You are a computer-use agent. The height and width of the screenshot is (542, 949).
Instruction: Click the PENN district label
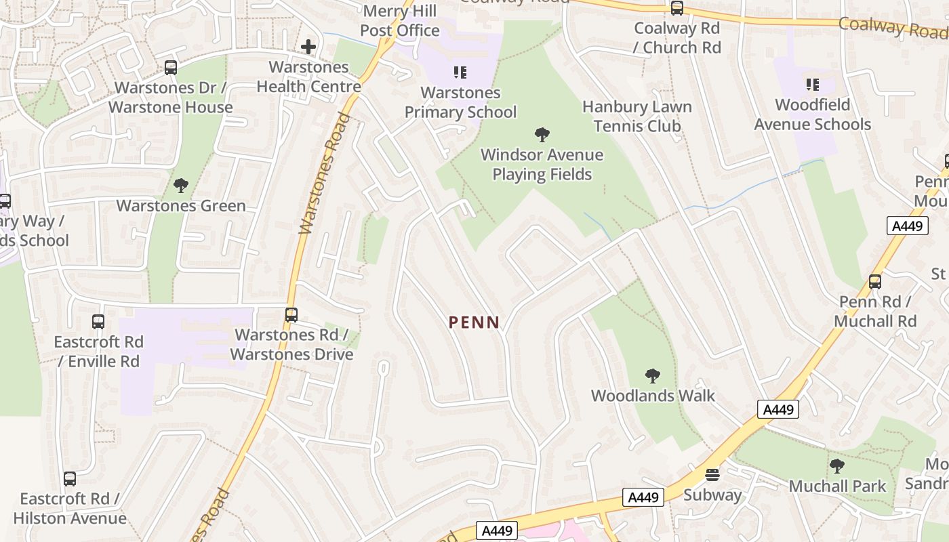pyautogui.click(x=474, y=322)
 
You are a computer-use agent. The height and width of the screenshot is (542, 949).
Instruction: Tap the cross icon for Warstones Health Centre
pyautogui.click(x=308, y=47)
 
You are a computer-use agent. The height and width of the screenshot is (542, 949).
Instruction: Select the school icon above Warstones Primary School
pyautogui.click(x=460, y=72)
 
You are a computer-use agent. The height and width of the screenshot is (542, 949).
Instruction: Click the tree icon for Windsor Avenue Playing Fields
pyautogui.click(x=542, y=135)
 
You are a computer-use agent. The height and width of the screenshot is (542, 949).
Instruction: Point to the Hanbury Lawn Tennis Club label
pyautogui.click(x=637, y=116)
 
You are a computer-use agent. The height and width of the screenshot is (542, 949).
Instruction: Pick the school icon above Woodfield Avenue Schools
pyautogui.click(x=812, y=85)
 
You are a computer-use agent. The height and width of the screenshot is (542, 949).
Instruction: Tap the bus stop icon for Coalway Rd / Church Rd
pyautogui.click(x=677, y=8)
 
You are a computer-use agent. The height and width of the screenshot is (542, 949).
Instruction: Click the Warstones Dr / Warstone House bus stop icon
pyautogui.click(x=171, y=68)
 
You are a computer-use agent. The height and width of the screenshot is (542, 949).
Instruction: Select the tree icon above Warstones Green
pyautogui.click(x=181, y=186)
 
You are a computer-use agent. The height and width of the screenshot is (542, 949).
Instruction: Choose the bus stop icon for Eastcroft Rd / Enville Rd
pyautogui.click(x=98, y=322)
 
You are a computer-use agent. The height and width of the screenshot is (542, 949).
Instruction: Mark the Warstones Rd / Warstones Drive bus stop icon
pyautogui.click(x=291, y=315)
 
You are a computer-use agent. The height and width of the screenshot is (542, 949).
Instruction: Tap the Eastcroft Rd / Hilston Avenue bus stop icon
pyautogui.click(x=69, y=479)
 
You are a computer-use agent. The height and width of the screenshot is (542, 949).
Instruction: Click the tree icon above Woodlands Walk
pyautogui.click(x=653, y=375)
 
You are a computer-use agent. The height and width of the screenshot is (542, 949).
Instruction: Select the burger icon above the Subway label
pyautogui.click(x=712, y=475)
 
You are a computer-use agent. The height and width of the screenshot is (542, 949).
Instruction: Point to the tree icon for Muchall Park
pyautogui.click(x=837, y=466)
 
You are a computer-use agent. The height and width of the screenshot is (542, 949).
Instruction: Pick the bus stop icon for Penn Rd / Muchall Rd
pyautogui.click(x=875, y=282)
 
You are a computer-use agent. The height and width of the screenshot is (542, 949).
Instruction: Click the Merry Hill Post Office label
pyautogui.click(x=399, y=21)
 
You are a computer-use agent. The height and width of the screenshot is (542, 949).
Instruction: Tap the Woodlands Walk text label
pyautogui.click(x=653, y=396)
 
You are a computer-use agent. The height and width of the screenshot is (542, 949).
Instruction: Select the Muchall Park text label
pyautogui.click(x=837, y=486)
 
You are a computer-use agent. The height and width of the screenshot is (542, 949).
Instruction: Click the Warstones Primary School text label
pyautogui.click(x=460, y=102)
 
